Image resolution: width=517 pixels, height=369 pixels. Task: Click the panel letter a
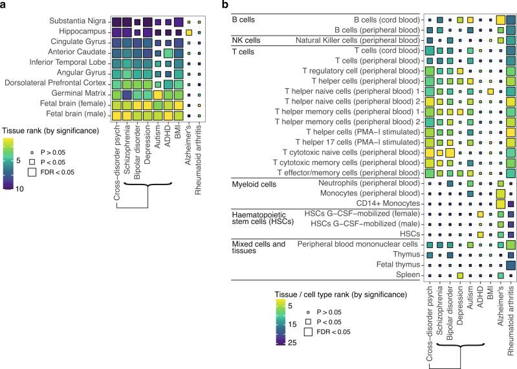pos(4,5)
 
